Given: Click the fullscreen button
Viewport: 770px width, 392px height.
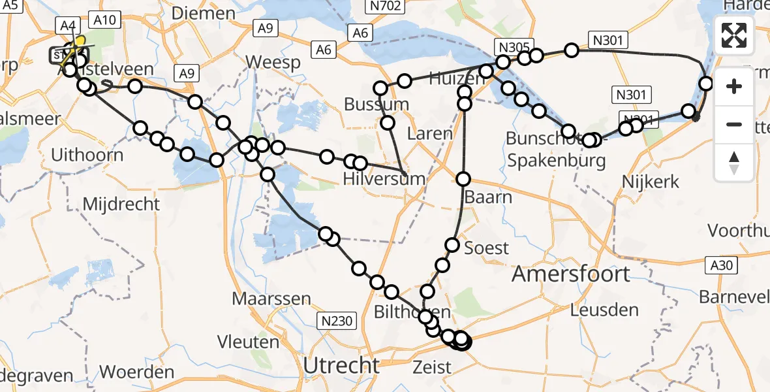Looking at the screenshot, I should click(x=734, y=35).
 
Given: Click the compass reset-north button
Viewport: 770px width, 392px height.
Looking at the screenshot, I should click(x=734, y=163).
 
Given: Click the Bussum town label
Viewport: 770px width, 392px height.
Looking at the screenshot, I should click(x=376, y=105).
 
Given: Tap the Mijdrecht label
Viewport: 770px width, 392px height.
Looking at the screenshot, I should click(x=121, y=204).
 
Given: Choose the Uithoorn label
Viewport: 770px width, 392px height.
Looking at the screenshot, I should click(x=87, y=155).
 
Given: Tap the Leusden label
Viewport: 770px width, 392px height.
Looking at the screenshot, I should click(x=604, y=310).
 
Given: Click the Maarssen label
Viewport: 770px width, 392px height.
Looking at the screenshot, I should click(x=272, y=299).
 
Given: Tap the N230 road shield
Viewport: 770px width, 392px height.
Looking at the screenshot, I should click(x=337, y=320).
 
